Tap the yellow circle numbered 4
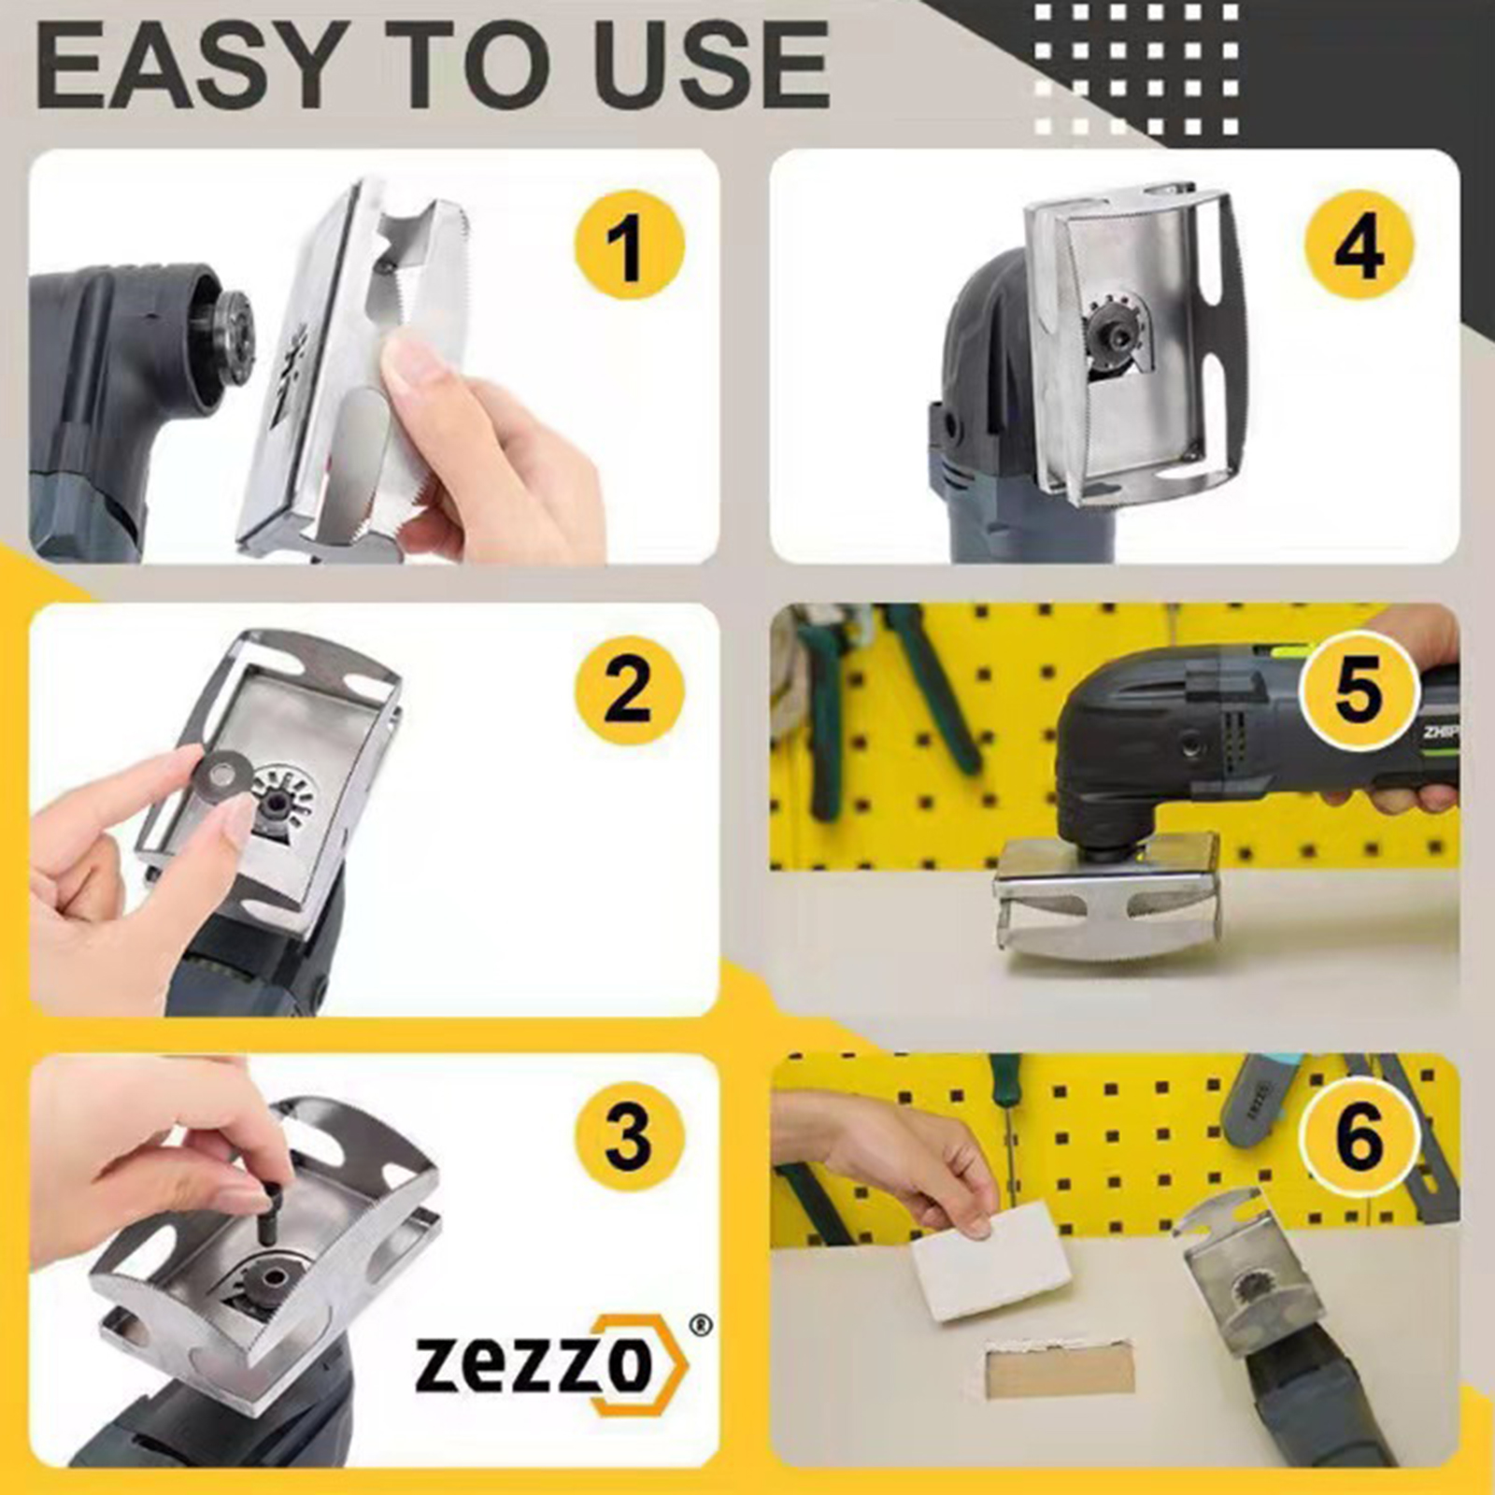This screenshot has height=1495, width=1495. pos(1360,246)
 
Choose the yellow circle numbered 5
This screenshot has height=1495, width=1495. pos(1360,689)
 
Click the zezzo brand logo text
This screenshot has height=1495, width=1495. pos(551,1365)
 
